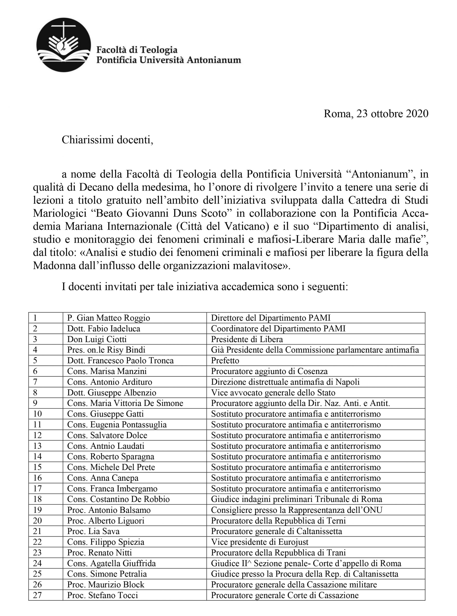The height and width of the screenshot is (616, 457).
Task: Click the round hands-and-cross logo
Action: click(x=64, y=45)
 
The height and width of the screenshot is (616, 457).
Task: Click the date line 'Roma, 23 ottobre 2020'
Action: click(x=376, y=114)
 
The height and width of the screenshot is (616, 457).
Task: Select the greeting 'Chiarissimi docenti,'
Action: click(x=107, y=140)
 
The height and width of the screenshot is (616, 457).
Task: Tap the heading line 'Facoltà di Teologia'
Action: click(x=137, y=50)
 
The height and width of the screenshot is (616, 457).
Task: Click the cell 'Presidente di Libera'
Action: click(x=247, y=339)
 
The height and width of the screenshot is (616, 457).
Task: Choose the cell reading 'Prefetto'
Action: click(x=225, y=360)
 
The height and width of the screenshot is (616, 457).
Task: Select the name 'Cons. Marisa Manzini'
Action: click(x=107, y=371)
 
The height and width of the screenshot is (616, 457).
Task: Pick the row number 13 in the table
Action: click(x=37, y=446)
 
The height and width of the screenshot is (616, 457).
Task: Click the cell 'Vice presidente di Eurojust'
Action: click(x=259, y=542)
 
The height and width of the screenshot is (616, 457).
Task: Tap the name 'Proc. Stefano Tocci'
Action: click(x=102, y=595)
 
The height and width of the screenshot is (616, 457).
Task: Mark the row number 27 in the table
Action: click(x=37, y=595)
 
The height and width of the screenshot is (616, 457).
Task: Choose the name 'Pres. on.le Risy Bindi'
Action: click(x=106, y=350)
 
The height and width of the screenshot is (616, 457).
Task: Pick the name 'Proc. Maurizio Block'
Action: click(x=106, y=584)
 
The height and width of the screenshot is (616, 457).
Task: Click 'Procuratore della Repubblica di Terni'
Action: click(x=278, y=520)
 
